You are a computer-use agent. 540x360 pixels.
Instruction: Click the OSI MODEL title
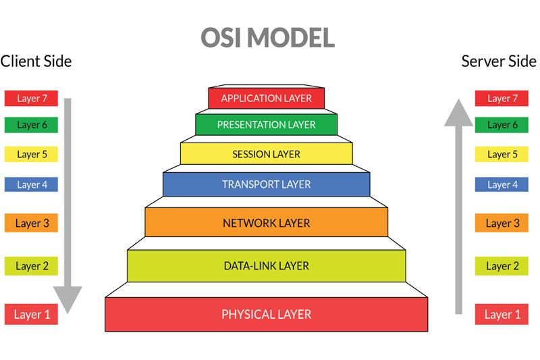(267, 38)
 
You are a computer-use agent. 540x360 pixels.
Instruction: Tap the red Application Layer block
(267, 98)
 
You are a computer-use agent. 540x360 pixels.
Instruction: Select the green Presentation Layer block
(267, 125)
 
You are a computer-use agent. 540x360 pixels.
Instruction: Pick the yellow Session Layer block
(267, 154)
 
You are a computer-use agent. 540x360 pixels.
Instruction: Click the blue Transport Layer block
(267, 184)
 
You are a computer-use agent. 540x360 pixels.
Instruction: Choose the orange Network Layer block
(267, 222)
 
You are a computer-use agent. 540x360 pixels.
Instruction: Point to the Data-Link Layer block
(267, 265)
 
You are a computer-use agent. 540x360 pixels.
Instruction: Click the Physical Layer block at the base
(267, 314)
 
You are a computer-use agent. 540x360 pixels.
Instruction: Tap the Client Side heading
(36, 61)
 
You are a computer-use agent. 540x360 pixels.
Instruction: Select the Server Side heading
(499, 61)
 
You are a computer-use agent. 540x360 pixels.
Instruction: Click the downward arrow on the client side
(67, 203)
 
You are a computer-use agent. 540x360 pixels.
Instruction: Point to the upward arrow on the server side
(459, 203)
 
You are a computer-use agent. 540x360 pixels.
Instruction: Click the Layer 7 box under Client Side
(32, 98)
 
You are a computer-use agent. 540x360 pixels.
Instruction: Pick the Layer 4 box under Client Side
(32, 184)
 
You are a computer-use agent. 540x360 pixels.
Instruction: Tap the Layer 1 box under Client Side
(32, 314)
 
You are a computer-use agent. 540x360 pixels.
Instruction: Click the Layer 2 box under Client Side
(32, 266)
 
